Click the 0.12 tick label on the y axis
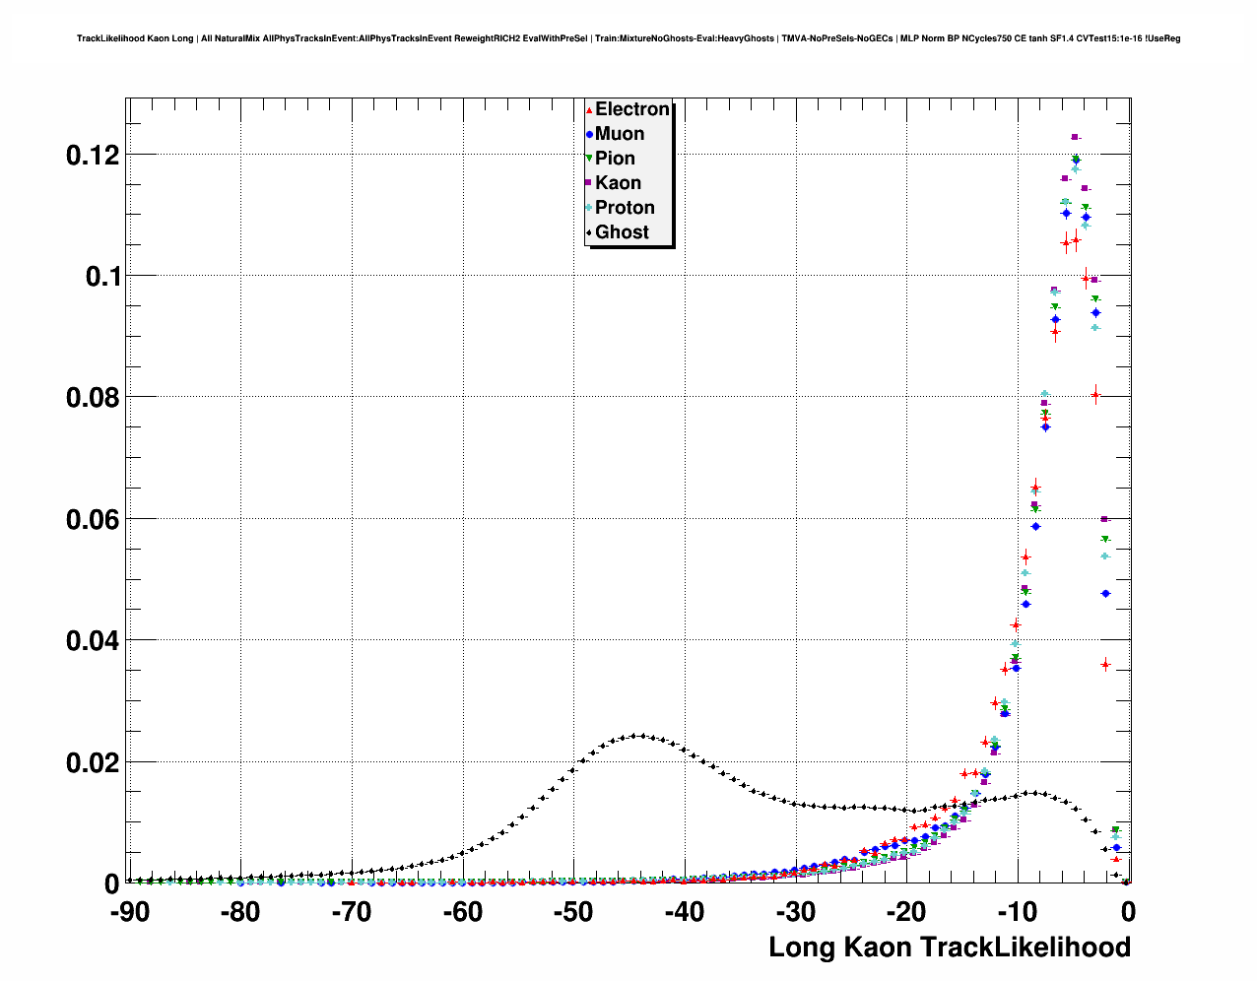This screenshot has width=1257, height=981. pos(93,155)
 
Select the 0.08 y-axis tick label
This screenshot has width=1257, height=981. pos(93,398)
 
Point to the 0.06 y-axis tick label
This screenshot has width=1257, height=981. pos(93,520)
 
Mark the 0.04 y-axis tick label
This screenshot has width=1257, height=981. pos(93,641)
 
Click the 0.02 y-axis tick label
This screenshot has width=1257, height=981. pos(93,763)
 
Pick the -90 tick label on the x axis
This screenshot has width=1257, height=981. pos(129,913)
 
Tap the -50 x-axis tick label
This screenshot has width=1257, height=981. pos(573,913)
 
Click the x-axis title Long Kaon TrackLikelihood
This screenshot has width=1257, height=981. pos(949,948)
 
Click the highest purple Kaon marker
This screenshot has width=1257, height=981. pos(1075,137)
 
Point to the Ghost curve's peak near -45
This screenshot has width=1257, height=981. pos(640,735)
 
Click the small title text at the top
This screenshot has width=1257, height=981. pos(628,38)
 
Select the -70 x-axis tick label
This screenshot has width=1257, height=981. pos(352,913)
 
